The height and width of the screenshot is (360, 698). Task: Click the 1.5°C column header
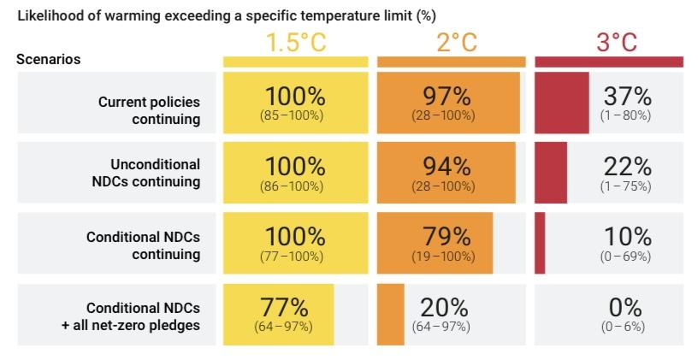[296, 43]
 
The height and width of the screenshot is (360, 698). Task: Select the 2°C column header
[456, 43]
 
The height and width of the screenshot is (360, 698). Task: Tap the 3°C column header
[616, 43]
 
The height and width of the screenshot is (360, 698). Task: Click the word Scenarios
[49, 60]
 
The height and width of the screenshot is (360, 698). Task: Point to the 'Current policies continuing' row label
[149, 110]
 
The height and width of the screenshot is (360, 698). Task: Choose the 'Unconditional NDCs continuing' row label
[155, 173]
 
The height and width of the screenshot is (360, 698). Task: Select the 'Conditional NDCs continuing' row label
[143, 245]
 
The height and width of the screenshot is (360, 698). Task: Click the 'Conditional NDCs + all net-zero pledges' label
[131, 316]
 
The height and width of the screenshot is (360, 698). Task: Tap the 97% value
[447, 96]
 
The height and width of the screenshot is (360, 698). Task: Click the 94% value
[447, 166]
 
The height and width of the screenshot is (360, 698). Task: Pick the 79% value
[447, 236]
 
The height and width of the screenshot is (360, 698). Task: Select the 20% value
[444, 307]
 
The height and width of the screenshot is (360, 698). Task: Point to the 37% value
[627, 96]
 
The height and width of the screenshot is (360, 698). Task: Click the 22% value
[627, 166]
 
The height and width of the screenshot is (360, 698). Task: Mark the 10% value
[627, 236]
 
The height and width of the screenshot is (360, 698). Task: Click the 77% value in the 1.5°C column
[283, 307]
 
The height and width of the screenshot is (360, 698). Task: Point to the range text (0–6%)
[623, 327]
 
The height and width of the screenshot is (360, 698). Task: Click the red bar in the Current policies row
[561, 103]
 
